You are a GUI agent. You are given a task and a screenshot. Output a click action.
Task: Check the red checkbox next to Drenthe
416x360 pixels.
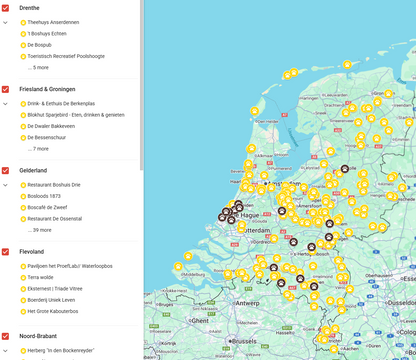click(6, 7)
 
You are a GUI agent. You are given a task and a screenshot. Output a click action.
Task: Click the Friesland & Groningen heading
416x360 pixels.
click(46, 89)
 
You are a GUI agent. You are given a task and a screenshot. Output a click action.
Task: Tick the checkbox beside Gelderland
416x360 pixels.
click(6, 170)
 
